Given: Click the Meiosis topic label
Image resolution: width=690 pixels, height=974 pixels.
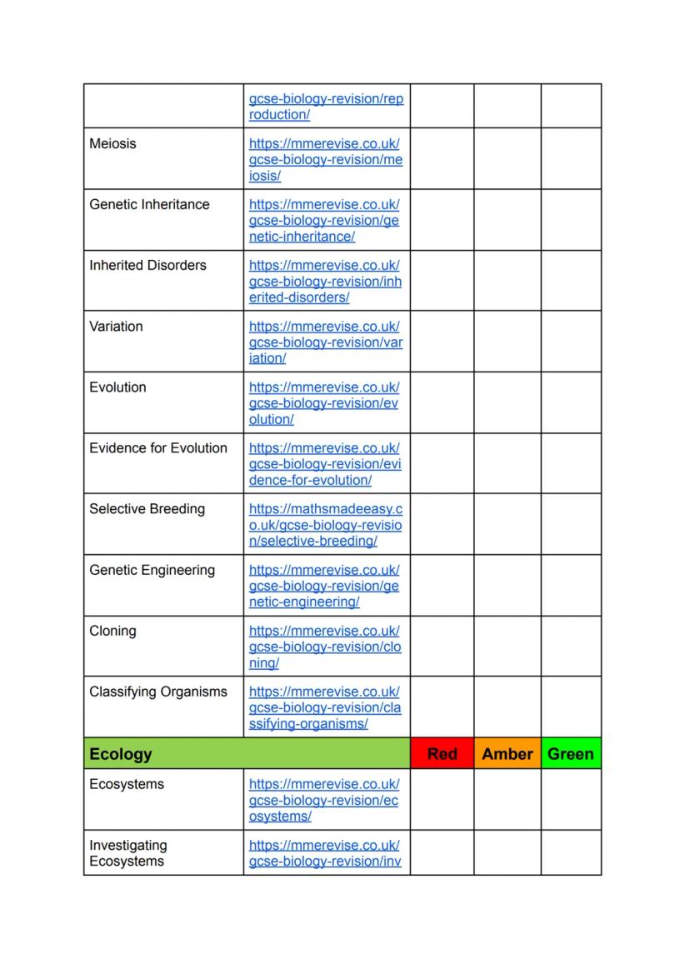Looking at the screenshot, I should point(112,143).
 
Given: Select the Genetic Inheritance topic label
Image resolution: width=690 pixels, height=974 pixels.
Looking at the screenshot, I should point(149,204).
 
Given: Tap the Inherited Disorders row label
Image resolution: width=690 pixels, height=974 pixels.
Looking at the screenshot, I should point(147,265).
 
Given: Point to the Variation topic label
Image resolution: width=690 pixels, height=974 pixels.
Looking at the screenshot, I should point(116,326).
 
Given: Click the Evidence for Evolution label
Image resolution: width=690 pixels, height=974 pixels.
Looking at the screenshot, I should point(158,447).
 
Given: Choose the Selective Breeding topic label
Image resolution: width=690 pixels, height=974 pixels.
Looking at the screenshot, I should point(147,508).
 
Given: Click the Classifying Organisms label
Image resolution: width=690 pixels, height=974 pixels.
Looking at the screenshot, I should point(158,692).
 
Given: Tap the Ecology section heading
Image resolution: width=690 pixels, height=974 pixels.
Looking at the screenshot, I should point(121,754).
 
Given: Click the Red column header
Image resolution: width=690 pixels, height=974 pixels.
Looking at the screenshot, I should point(442,754).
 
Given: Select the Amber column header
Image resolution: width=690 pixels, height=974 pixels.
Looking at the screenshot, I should point(507,754).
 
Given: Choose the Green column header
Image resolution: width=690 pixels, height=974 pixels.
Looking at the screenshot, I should point(571,754).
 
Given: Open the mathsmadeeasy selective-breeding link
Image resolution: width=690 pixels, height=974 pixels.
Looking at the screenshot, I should point(325,525).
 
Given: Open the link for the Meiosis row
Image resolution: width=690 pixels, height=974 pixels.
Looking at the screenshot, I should point(325,159).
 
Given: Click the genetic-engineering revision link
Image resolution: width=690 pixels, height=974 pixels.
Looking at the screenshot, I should point(325,586).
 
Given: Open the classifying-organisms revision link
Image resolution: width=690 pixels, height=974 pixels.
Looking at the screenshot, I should point(325,707).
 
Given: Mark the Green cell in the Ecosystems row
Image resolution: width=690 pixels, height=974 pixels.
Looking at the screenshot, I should point(571,799).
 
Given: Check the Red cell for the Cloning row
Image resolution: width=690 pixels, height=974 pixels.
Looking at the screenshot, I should point(442,646).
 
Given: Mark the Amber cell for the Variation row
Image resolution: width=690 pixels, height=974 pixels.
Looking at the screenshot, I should point(507,341).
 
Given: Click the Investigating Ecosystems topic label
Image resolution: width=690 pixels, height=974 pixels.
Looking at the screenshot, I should point(128,853).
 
